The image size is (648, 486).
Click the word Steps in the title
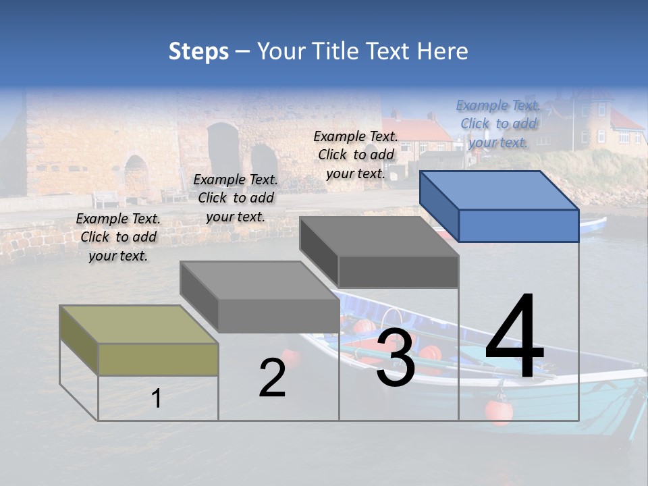pyautogui.click(x=198, y=51)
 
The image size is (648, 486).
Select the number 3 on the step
pyautogui.click(x=395, y=358)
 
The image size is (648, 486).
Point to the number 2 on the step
pyautogui.click(x=272, y=379)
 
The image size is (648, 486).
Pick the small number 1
pyautogui.click(x=157, y=398)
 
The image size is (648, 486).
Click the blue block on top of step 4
pyautogui.click(x=500, y=205)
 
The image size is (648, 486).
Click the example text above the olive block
pyautogui.click(x=118, y=237)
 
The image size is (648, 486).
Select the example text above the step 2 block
pyautogui.click(x=236, y=198)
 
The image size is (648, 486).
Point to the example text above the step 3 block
pyautogui.click(x=356, y=155)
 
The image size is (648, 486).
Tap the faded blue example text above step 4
pyautogui.click(x=498, y=124)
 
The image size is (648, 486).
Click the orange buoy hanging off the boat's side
pyautogui.click(x=498, y=411)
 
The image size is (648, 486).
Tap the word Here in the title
pyautogui.click(x=443, y=51)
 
